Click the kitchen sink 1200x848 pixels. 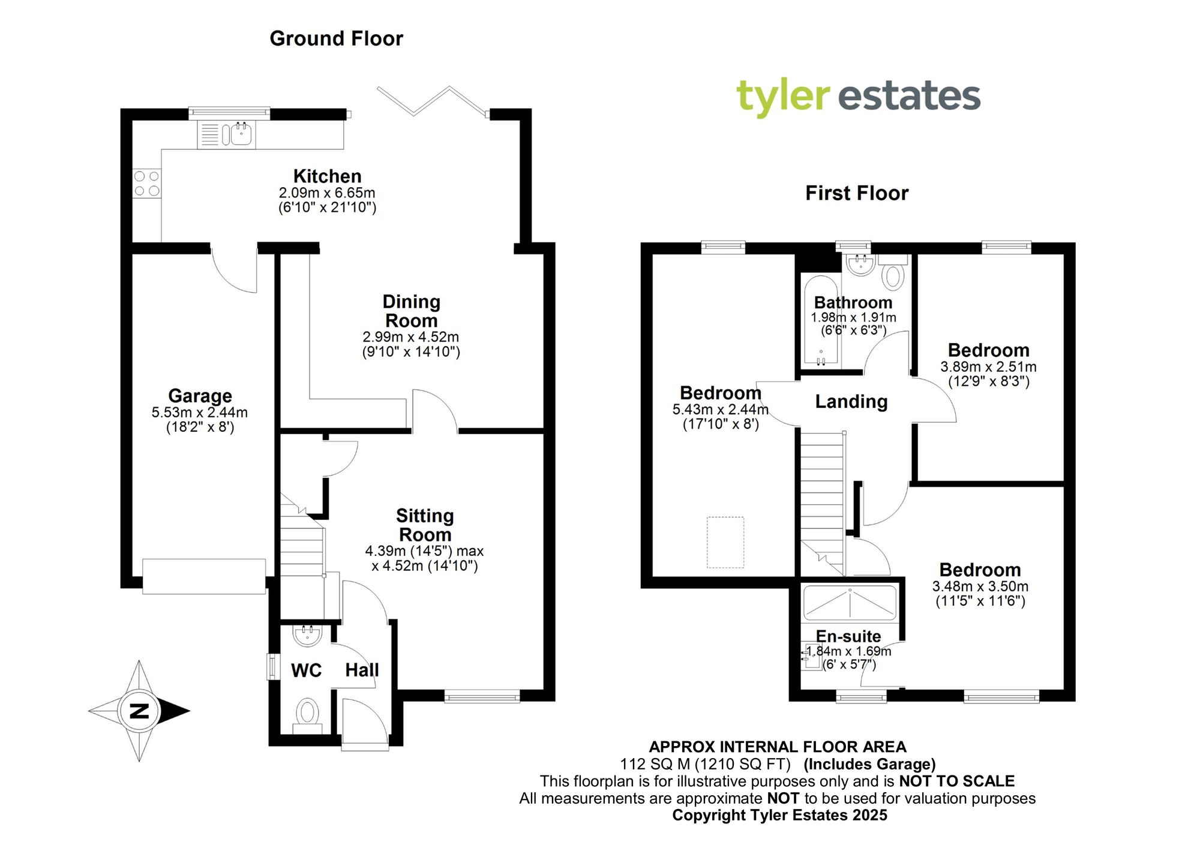click(x=239, y=134)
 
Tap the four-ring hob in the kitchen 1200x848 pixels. click(x=147, y=184)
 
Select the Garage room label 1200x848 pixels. click(x=200, y=396)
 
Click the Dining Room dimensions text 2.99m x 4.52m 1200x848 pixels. click(x=410, y=337)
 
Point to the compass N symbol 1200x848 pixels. click(x=139, y=711)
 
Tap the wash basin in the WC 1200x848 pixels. click(x=308, y=635)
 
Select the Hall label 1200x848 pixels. click(x=362, y=670)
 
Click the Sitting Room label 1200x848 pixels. click(x=425, y=525)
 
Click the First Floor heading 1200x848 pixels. click(x=856, y=193)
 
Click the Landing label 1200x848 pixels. click(x=851, y=401)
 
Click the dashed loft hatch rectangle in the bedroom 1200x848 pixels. click(x=725, y=542)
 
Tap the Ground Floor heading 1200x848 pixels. click(x=336, y=38)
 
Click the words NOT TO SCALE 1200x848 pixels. click(x=956, y=781)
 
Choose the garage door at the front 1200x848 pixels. click(x=204, y=576)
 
